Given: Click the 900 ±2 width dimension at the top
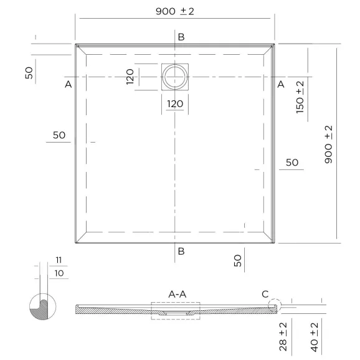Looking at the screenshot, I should pos(174,12).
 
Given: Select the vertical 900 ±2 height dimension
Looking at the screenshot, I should pos(329,144).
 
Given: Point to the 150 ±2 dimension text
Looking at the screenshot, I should pos(300,97).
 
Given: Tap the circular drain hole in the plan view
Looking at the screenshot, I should pos(174,77).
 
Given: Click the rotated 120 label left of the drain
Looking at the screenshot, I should pos(130,77).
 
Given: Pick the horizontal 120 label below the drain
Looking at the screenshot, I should pos(174,103).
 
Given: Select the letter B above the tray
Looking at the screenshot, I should pos(181,37).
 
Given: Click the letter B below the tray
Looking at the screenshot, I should pos(181,251).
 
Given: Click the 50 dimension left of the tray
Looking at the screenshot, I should pos(59,135).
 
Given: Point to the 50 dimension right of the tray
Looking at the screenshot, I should pos(291,163).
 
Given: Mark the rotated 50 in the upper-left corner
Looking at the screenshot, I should pos(29,72).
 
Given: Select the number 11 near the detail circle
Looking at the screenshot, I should pos(59,259).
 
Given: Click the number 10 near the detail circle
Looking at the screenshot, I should pos(59,273).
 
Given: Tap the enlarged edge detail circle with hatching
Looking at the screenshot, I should pos(42,306).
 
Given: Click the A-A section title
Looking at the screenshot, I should pos(177,293).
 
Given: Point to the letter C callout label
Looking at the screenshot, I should pos(265,293).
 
